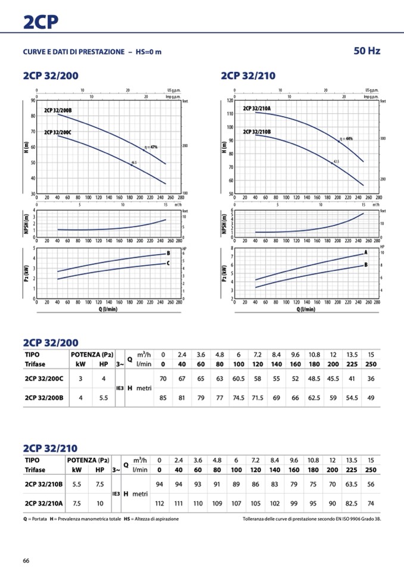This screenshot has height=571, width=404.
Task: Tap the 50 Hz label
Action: pyautogui.click(x=366, y=51)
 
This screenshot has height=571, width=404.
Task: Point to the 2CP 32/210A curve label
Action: pyautogui.click(x=257, y=108)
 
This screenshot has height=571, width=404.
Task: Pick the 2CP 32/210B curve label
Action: pyautogui.click(x=257, y=132)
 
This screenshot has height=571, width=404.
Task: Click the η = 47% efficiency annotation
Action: pyautogui.click(x=150, y=146)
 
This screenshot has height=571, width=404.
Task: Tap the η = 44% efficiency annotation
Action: pyautogui.click(x=346, y=139)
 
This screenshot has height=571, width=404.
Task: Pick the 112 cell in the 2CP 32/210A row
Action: pyautogui.click(x=159, y=503)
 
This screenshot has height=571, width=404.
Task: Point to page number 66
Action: pyautogui.click(x=26, y=560)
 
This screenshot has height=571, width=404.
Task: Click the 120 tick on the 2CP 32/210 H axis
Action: pyautogui.click(x=229, y=101)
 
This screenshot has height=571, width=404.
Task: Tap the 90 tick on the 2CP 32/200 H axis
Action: pyautogui.click(x=32, y=100)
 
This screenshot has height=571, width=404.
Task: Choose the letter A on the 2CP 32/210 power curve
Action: pyautogui.click(x=365, y=253)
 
